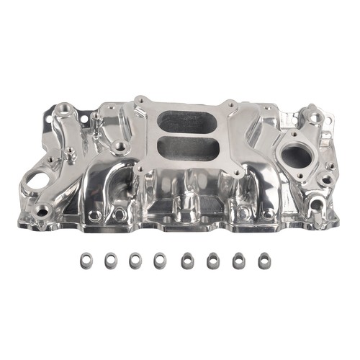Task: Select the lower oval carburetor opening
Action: point(186,150)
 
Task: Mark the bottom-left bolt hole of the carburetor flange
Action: point(141,170)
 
